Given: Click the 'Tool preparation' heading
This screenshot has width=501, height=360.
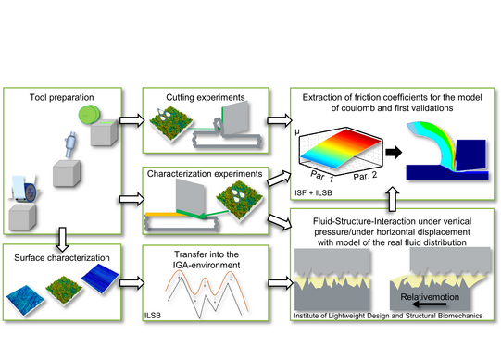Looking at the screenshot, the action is click(62, 97).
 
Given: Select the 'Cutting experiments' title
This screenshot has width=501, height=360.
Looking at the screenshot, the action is click(206, 97).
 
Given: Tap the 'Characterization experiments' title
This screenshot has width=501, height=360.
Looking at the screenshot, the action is click(205, 174).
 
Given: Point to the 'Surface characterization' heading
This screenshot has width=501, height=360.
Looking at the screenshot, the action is click(62, 258).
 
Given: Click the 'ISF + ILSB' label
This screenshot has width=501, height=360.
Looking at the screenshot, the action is click(313, 192).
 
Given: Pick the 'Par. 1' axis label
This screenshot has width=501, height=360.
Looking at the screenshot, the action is click(322, 176).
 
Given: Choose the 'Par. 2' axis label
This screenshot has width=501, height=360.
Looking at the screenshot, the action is click(365, 176).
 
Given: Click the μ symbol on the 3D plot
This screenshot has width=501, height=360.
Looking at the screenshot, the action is click(297, 131).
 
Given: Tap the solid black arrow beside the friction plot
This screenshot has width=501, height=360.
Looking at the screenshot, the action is click(394, 152).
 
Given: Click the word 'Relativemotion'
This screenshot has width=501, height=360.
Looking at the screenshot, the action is click(430, 297).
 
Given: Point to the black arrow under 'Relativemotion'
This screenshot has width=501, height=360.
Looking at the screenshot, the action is click(430, 304).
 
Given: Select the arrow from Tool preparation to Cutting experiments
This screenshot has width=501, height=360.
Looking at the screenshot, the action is click(132, 120).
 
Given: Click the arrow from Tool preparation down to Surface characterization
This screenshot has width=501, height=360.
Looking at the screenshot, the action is click(63, 240).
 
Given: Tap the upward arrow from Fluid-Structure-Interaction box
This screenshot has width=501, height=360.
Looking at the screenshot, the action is click(393, 199).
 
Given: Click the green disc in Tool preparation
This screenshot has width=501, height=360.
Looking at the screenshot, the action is click(89, 115).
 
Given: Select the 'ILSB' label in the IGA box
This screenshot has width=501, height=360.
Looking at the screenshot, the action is click(153, 316).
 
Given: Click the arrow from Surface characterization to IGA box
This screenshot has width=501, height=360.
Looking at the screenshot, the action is click(132, 283).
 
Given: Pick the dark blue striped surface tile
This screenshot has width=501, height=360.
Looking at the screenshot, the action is click(100, 279).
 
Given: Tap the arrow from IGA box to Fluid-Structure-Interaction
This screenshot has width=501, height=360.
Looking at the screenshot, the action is click(281, 283).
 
